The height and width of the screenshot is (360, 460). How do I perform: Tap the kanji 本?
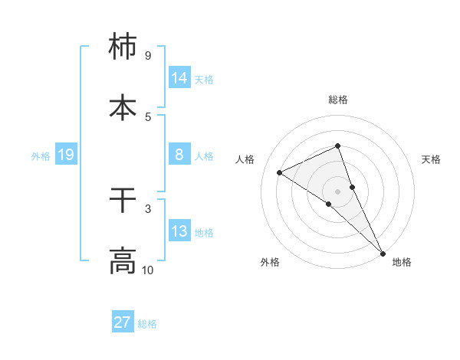pos(123,106)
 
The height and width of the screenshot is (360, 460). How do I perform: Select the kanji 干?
pos(123,201)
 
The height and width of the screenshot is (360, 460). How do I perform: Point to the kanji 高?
pos(123,260)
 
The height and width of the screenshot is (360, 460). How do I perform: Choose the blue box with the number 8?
pos(179,155)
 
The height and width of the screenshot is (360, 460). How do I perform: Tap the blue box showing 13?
pos(179,231)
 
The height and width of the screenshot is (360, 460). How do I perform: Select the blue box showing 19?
pos(66,155)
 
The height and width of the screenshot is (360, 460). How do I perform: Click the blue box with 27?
pos(123,322)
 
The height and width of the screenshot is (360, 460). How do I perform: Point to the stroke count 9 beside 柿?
pos(148,55)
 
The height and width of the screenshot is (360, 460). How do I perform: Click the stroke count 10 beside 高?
pos(148,270)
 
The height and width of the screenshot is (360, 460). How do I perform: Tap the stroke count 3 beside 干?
pos(148,208)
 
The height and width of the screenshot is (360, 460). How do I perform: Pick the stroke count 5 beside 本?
pos(148,116)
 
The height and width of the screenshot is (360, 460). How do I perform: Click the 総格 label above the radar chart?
pos(337,100)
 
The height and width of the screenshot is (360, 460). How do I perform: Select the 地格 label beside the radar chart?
pos(402,262)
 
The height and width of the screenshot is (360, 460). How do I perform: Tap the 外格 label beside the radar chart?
pos(270,262)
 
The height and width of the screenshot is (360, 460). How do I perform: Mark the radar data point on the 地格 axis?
pos(383,252)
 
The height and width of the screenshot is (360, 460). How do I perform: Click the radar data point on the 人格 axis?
pos(280,172)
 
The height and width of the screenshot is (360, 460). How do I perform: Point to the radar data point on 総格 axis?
pos(337,146)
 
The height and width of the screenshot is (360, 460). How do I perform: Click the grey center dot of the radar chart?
pos(337,191)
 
